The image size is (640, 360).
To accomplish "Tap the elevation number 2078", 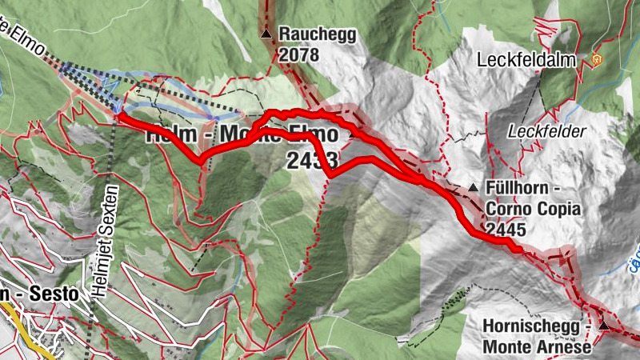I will (x=299, y=54).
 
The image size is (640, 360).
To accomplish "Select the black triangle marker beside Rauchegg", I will (x=266, y=34).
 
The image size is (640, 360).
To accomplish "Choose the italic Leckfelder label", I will (x=548, y=131).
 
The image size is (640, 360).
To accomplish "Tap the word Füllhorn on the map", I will (x=518, y=189).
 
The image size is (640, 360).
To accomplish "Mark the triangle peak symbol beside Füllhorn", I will (x=473, y=189).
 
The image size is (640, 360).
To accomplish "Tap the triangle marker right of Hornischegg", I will (x=604, y=326).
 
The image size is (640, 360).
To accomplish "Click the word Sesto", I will (x=56, y=294).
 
